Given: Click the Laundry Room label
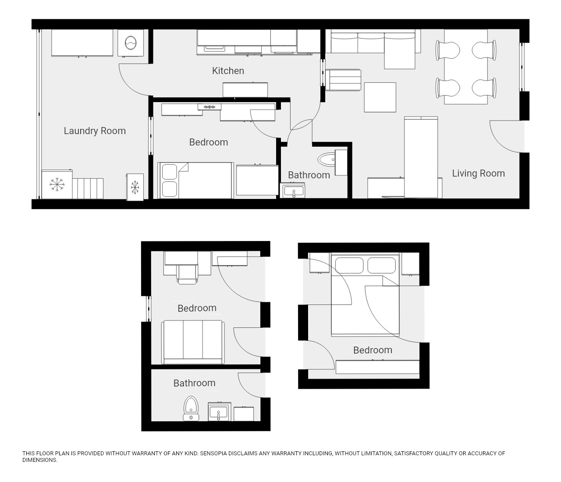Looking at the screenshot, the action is tap(95, 131).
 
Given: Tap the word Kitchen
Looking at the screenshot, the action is tap(228, 71).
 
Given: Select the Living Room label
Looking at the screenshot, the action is tap(478, 174).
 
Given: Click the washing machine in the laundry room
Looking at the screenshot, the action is tap(131, 43).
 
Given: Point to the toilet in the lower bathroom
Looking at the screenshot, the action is tap(191, 408).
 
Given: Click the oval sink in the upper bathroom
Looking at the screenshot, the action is tap(327, 159).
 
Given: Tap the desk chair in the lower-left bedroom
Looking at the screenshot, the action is tap(187, 274).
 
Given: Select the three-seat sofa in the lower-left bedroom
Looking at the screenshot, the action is tap(193, 342).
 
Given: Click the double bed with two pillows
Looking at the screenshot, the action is tap(365, 294).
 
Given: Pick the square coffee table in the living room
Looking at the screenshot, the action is tap(380, 97).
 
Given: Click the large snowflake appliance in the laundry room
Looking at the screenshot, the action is tap(57, 184).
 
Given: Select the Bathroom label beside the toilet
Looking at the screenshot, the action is tap(194, 383).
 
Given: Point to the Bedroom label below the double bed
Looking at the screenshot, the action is tap(373, 350).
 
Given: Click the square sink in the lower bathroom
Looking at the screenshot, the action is tap(218, 412).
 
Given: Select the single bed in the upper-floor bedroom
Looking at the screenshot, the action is tap(195, 181).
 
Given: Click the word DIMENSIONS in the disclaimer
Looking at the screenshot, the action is tap(40, 460).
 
